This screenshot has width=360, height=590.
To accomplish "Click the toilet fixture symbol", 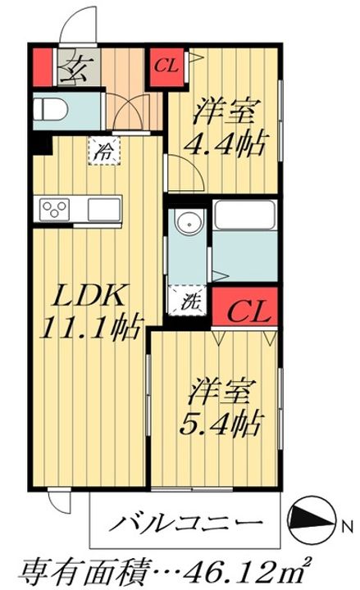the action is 50,110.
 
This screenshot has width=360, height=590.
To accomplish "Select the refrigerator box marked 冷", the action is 103,151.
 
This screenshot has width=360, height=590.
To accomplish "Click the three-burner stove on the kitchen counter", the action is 55,209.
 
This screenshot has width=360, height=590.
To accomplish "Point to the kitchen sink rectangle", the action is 104,209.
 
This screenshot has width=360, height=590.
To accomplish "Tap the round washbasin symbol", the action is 189,222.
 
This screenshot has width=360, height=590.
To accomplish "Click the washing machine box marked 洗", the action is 188,300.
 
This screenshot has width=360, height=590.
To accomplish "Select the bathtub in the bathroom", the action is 244,215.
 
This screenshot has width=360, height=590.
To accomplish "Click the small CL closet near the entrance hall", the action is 167,66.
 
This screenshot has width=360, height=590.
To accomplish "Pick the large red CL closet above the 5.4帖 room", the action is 244,306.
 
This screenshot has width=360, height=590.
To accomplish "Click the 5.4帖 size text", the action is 221,425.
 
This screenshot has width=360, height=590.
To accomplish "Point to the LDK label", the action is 89,297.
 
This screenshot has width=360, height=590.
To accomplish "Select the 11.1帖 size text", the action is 93,327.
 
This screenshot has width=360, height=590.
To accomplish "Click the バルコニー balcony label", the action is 185,522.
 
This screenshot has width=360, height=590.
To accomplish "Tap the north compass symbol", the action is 311,520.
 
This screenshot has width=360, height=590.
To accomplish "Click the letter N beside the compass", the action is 347,526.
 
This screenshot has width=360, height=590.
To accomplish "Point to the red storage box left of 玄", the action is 42,67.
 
